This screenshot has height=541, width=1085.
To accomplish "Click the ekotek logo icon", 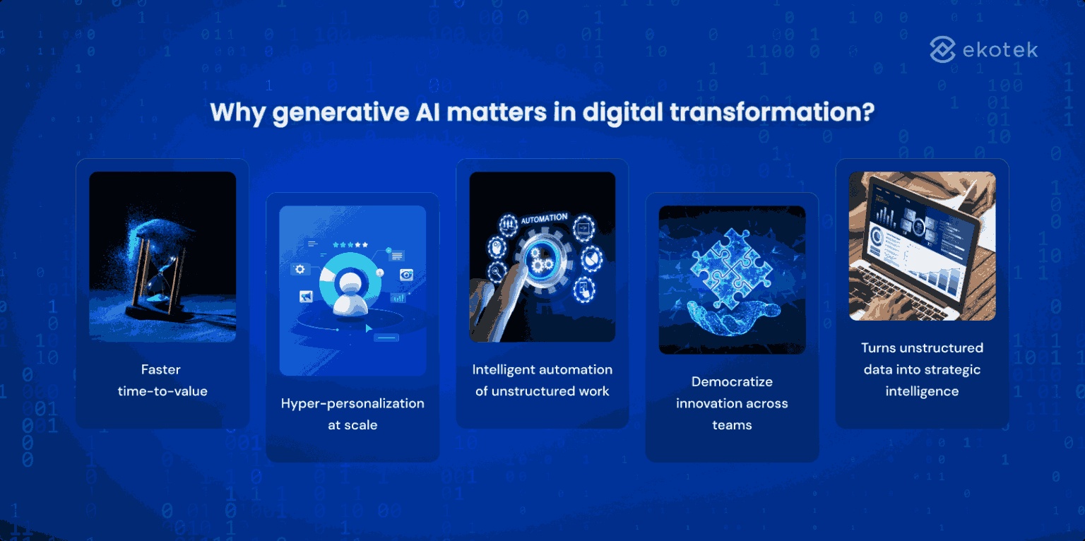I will tap(942, 49).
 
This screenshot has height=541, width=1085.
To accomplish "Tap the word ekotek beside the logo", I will tap(1000, 50).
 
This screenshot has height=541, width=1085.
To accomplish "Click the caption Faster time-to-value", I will tap(162, 380).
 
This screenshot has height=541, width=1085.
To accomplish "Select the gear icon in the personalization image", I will tap(300, 269).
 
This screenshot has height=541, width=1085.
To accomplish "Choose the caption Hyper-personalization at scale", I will tap(352, 414).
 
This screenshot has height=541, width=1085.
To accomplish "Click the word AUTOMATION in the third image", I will tap(544, 219).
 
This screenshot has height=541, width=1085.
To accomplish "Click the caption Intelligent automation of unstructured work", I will tap(542, 380).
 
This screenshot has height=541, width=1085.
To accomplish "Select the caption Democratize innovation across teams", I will tap(732, 403).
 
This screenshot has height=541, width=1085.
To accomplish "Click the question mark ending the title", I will tap(868, 113).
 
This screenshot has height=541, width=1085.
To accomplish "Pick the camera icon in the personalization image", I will tap(406, 275).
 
